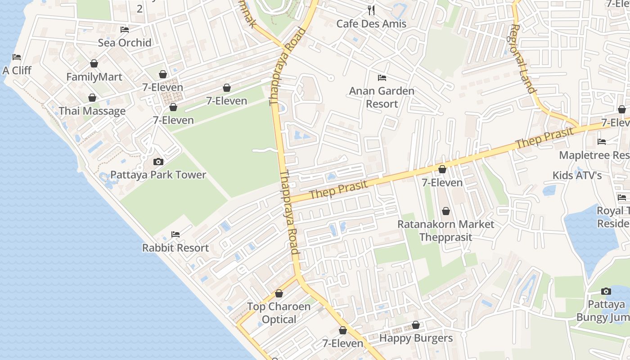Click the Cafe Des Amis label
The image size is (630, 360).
371,24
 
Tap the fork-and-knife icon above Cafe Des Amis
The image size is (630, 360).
371,10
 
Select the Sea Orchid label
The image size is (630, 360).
125,43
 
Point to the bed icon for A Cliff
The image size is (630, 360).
17,57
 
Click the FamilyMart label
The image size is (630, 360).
94,77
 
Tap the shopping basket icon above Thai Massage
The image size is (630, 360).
92,98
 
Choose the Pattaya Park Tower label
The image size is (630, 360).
158,175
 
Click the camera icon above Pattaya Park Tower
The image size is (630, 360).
158,162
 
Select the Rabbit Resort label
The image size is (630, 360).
175,247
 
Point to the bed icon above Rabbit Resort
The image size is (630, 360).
175,234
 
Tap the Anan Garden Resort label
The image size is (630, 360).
382,97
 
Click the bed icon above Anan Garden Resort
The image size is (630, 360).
382,78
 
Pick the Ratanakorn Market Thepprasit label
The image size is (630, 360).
445,230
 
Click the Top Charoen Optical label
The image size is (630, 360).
279,313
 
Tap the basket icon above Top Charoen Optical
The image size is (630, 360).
279,293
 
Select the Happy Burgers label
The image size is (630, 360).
416,338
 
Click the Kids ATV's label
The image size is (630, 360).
577,175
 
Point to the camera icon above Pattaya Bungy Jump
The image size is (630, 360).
606,291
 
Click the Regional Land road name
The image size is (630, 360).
522,58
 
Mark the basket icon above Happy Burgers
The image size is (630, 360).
416,325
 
